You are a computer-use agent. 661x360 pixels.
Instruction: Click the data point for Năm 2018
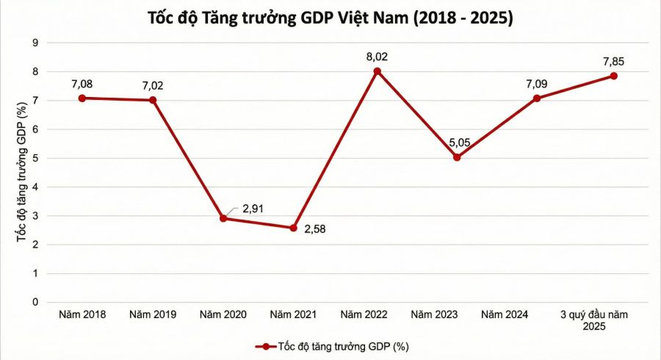click(82, 98)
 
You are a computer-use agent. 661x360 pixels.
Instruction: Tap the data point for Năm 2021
click(294, 228)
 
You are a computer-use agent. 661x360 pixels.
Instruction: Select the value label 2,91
click(252, 209)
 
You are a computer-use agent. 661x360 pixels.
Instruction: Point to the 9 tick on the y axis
click(35, 43)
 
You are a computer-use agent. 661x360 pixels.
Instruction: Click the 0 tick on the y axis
click(35, 302)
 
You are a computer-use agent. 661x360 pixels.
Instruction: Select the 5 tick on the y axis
click(35, 158)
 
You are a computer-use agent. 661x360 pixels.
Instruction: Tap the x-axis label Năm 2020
click(223, 315)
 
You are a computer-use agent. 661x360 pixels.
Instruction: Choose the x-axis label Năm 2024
click(505, 315)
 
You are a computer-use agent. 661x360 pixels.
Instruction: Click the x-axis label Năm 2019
click(153, 315)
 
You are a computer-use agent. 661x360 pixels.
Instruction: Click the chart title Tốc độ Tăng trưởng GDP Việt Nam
click(330, 18)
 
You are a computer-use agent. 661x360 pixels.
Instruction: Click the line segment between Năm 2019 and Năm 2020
click(188, 159)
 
